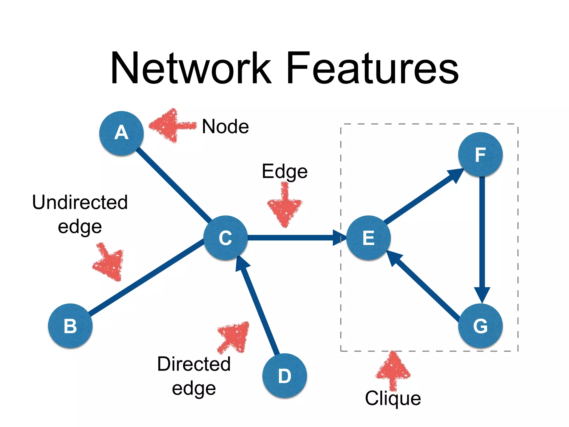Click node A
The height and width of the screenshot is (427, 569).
coord(121,133)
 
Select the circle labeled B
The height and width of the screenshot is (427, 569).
coord(70,326)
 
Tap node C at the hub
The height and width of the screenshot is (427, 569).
coord(225,238)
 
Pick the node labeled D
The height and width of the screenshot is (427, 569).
coord(284,376)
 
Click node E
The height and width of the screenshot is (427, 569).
coord(368,238)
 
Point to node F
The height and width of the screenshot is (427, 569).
coord(480,154)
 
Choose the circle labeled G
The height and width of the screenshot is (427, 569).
coord(480,326)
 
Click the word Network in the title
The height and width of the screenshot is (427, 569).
coord(191,68)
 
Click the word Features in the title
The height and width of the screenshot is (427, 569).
coord(372,68)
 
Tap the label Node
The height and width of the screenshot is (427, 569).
coord(225,126)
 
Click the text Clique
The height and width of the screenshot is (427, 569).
coord(393,398)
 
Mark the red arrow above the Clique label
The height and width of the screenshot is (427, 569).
coord(393,370)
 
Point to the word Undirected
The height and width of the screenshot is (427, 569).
coord(80,202)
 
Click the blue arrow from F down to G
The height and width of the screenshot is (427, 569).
coord(482,236)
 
